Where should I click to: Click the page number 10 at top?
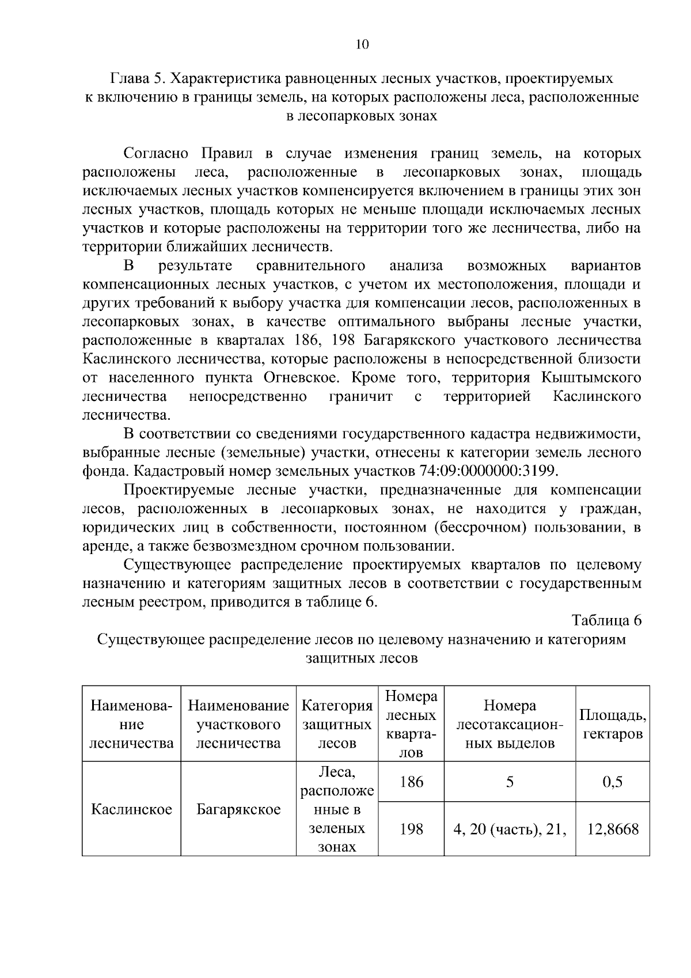tap(362, 45)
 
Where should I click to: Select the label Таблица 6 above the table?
tap(606, 620)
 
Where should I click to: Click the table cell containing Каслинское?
tap(131, 809)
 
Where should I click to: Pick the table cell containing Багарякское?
tap(238, 809)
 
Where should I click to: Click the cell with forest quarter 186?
tap(411, 782)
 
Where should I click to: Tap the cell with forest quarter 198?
tap(411, 829)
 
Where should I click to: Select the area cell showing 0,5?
tap(612, 782)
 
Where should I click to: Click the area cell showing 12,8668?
tap(612, 829)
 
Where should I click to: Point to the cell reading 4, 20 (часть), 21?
tap(510, 829)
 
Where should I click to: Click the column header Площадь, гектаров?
tap(612, 724)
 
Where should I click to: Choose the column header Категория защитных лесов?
tap(337, 724)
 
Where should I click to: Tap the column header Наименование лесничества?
tap(131, 724)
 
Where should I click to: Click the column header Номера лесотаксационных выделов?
tap(510, 724)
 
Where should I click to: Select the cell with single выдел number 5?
tap(510, 782)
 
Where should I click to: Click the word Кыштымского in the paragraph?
tap(591, 378)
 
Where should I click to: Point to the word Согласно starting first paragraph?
tap(156, 154)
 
